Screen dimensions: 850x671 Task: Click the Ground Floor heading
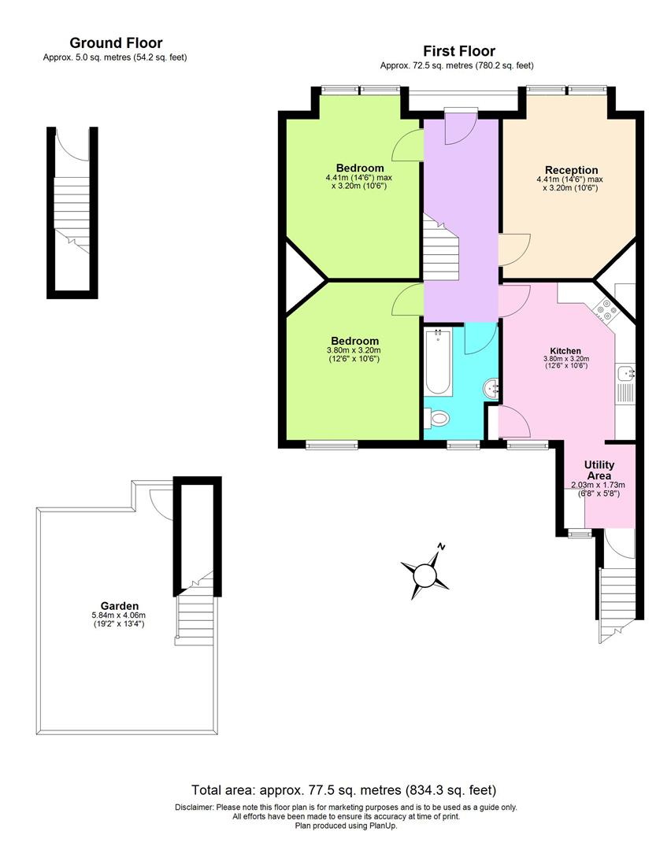[x=116, y=43]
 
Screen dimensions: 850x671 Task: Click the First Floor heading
[x=459, y=51]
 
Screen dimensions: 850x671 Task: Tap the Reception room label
[x=571, y=170]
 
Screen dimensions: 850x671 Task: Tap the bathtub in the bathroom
[x=438, y=361]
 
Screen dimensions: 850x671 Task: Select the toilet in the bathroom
[x=439, y=418]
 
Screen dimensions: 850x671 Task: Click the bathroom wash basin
[x=490, y=387]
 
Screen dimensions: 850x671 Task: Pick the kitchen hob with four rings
[x=606, y=310]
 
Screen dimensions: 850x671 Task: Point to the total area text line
[x=343, y=789]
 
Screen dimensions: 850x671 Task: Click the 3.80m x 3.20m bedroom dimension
[x=354, y=351]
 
